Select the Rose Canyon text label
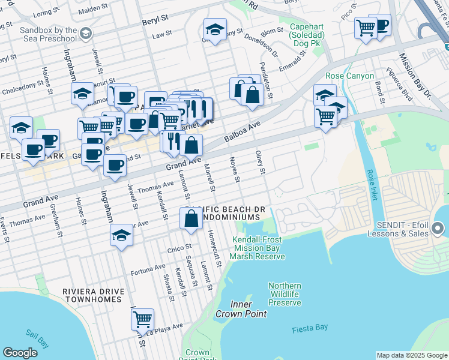click(x=349, y=76)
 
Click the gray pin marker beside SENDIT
click(x=437, y=229)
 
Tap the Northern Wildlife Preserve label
click(x=285, y=294)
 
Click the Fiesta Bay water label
click(x=310, y=329)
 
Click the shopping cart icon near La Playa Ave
click(x=142, y=319)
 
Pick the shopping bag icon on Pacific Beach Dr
click(x=191, y=219)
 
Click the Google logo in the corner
click(x=20, y=353)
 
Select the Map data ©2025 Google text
click(x=411, y=355)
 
